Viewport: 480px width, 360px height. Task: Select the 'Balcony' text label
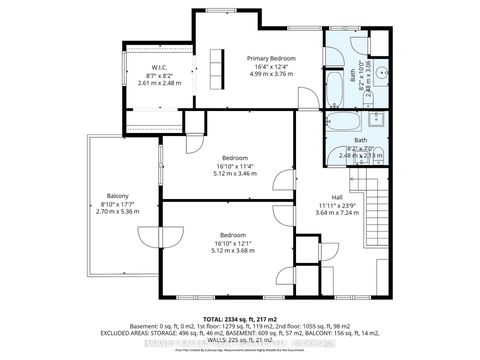(x=117, y=196)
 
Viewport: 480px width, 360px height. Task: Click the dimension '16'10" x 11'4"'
(x=235, y=166)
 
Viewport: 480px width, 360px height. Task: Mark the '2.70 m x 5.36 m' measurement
(x=117, y=212)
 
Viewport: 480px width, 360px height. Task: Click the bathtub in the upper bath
(x=337, y=73)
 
